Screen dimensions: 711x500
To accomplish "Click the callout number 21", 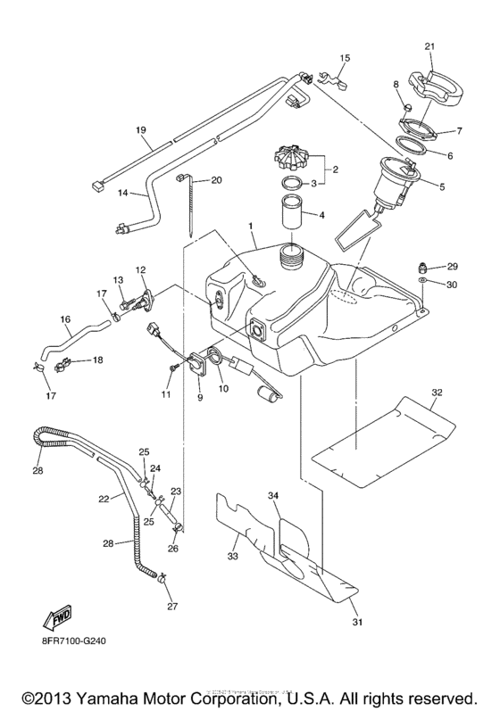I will (429, 46).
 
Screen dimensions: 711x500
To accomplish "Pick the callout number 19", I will (140, 130).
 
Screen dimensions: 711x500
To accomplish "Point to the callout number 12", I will (140, 269).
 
